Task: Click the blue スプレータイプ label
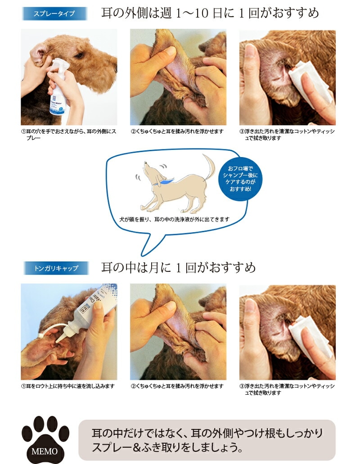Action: click(55, 14)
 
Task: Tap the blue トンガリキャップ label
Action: click(56, 268)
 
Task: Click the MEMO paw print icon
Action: click(45, 439)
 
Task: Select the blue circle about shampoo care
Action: click(240, 179)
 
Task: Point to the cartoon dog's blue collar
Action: click(164, 180)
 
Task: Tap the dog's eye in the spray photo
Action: click(79, 55)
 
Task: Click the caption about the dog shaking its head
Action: click(174, 219)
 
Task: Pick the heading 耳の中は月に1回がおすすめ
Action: click(178, 267)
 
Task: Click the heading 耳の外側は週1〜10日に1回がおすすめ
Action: click(210, 13)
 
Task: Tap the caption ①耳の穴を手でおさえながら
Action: click(69, 135)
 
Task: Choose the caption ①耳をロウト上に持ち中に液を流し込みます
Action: click(68, 386)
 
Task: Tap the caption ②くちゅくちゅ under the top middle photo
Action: click(177, 131)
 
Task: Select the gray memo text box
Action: click(207, 440)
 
